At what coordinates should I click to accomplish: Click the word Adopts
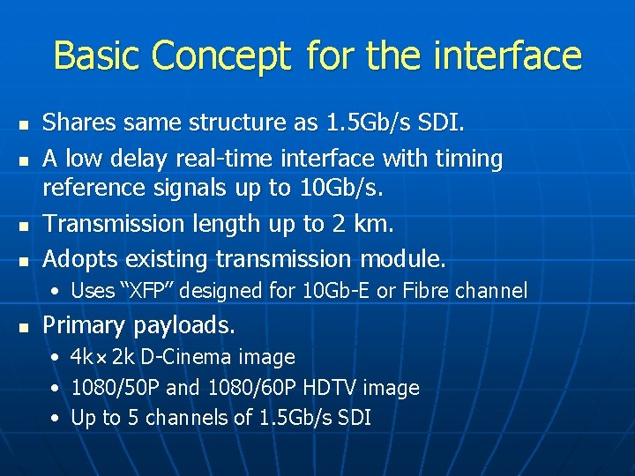(x=80, y=259)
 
